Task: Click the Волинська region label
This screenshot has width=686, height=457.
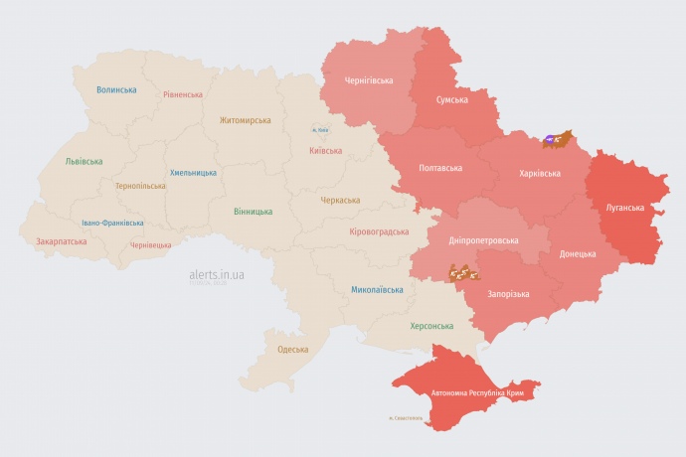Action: pos(116,89)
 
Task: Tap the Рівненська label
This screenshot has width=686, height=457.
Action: pos(184,94)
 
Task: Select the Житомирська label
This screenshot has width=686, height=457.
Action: pos(245,120)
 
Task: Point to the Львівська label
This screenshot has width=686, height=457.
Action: pos(83,161)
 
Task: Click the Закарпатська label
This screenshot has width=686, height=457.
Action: pos(61,240)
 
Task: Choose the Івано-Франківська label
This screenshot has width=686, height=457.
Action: pos(112,223)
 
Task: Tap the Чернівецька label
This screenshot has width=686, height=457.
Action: pos(150,244)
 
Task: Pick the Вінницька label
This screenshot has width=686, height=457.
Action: pos(253,212)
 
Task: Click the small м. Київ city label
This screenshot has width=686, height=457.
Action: pos(320,130)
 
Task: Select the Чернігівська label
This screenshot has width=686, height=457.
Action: pos(369,80)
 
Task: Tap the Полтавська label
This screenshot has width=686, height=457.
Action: pos(440,168)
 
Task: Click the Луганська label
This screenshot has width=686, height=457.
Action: pos(625,208)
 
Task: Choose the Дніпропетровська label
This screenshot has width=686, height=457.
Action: pos(483,240)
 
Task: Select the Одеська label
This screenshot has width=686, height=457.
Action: pos(292,349)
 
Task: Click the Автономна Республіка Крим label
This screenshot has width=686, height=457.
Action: pos(477,393)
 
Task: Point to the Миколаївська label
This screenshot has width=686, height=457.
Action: pos(377,290)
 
